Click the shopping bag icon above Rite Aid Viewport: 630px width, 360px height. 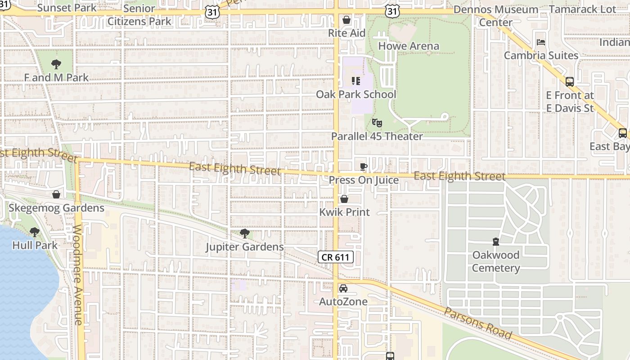(346, 20)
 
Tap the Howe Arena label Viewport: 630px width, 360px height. (409, 46)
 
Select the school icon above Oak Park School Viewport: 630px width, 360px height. (355, 81)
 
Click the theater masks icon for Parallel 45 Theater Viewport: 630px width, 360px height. (377, 122)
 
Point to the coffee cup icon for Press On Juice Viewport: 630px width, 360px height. (364, 166)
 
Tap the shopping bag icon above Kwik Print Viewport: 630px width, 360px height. (344, 199)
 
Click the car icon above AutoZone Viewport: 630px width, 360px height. (343, 288)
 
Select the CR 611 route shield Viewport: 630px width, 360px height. (336, 257)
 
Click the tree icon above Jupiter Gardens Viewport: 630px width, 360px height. (245, 233)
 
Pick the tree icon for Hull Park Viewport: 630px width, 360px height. (35, 232)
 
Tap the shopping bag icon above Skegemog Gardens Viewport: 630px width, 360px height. (56, 194)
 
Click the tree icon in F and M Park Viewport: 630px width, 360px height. (56, 64)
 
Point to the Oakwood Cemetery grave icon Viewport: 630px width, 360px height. (495, 242)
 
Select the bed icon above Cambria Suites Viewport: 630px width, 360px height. (541, 42)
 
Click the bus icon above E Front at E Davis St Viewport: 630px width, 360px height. (570, 82)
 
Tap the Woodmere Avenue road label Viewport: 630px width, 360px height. (78, 274)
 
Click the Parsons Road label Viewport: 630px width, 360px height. (478, 324)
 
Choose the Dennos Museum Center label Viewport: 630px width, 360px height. (495, 16)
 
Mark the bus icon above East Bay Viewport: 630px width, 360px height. (623, 133)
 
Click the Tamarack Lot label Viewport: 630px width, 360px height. (583, 9)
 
